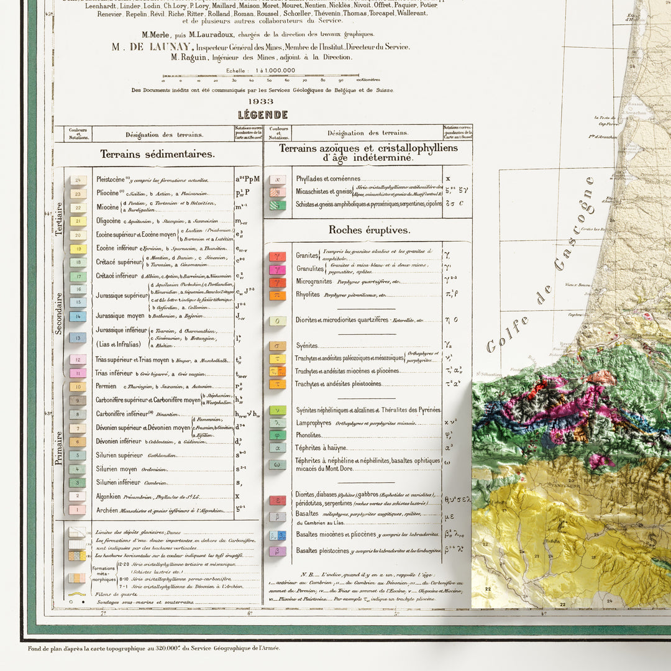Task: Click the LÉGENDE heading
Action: (x=263, y=115)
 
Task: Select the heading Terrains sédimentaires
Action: (x=158, y=154)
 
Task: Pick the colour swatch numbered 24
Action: (x=78, y=181)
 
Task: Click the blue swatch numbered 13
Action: (x=78, y=338)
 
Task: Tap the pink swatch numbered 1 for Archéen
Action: (x=78, y=510)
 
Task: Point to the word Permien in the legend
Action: (x=106, y=386)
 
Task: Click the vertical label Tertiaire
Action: (x=60, y=219)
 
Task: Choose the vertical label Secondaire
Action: (x=60, y=314)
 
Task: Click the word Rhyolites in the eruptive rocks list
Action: (x=308, y=295)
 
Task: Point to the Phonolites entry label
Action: (x=309, y=435)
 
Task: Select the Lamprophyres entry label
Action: (x=313, y=422)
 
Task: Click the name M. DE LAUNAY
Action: (x=152, y=47)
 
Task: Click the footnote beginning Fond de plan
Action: (x=153, y=648)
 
